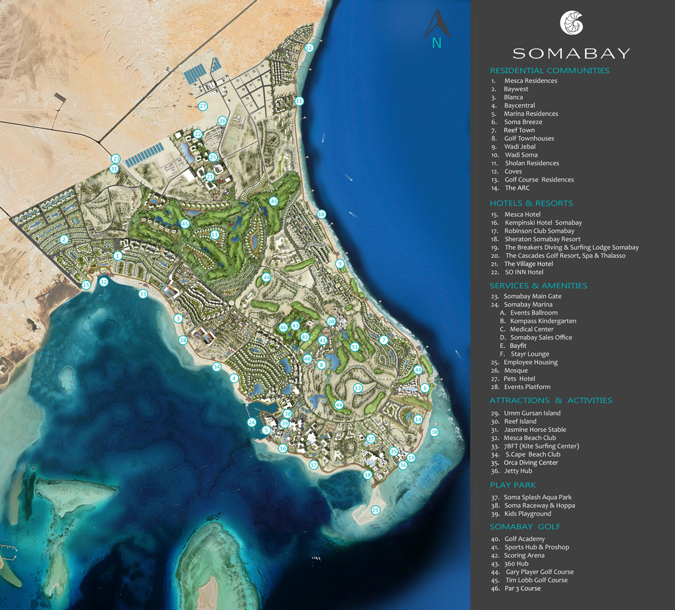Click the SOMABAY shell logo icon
click(x=571, y=23)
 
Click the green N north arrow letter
click(x=437, y=44)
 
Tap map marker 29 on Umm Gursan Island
click(x=375, y=510)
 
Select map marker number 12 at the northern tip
click(x=309, y=47)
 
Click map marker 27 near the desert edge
click(x=202, y=106)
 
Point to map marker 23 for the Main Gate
click(x=116, y=159)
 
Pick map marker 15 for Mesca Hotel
click(x=86, y=285)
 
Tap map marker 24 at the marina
click(x=251, y=423)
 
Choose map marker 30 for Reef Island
click(x=434, y=432)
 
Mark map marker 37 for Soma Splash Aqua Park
click(x=371, y=439)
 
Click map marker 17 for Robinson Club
click(x=314, y=465)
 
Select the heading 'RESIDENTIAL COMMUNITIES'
click(x=549, y=71)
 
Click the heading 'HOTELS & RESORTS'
click(x=531, y=203)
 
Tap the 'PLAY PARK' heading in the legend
click(x=512, y=485)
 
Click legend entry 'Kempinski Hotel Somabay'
click(x=542, y=223)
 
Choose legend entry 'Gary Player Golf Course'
click(x=539, y=572)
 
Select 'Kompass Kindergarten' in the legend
click(x=542, y=321)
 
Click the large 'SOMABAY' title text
click(x=571, y=53)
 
